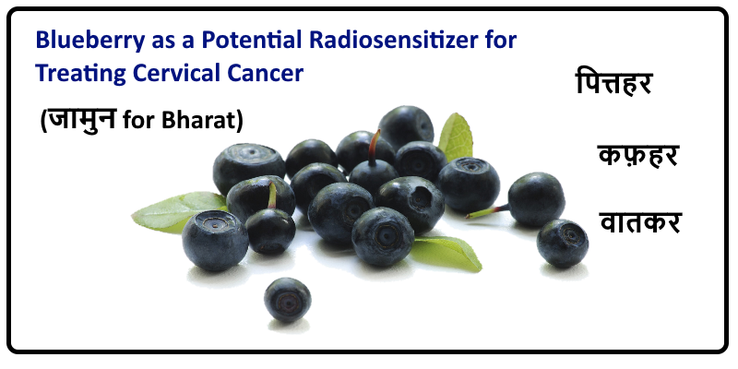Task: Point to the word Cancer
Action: coord(266,74)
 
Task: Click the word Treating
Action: coord(81,74)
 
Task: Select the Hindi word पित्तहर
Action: coord(613,83)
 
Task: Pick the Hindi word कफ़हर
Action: coord(637,155)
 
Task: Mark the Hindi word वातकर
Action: coord(640,221)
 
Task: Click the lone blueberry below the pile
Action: coord(288,300)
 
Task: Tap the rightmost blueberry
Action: coord(563,243)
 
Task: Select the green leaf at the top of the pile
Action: coord(455,137)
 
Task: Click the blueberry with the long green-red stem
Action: coord(536,199)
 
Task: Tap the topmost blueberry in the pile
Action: coord(406,127)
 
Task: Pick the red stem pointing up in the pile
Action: coord(375,147)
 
